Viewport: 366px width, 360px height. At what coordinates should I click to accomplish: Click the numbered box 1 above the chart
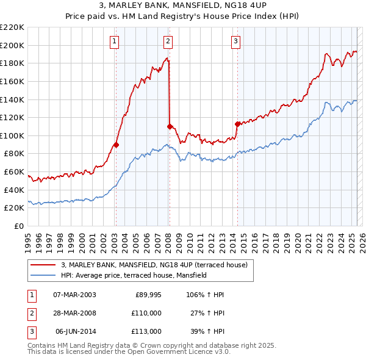tap(115, 41)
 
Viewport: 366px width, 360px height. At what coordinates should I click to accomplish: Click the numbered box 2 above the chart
tap(168, 41)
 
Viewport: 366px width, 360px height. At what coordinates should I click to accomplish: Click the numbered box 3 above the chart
tap(235, 41)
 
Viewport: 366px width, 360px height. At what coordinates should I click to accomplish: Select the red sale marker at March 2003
tap(116, 145)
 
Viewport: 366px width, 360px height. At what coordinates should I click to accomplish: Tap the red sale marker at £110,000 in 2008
tap(170, 126)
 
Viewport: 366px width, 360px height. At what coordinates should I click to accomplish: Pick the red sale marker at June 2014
tap(237, 124)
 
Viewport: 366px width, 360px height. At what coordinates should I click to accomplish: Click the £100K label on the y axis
tap(13, 135)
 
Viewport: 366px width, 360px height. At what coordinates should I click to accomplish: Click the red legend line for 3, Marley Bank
tap(44, 265)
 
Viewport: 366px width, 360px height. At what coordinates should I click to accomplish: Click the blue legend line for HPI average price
tap(44, 276)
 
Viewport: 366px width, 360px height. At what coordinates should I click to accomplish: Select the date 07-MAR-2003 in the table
tap(74, 295)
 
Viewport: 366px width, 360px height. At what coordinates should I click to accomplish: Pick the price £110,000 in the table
tap(146, 313)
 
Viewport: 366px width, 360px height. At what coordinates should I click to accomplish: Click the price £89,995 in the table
tap(148, 295)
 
